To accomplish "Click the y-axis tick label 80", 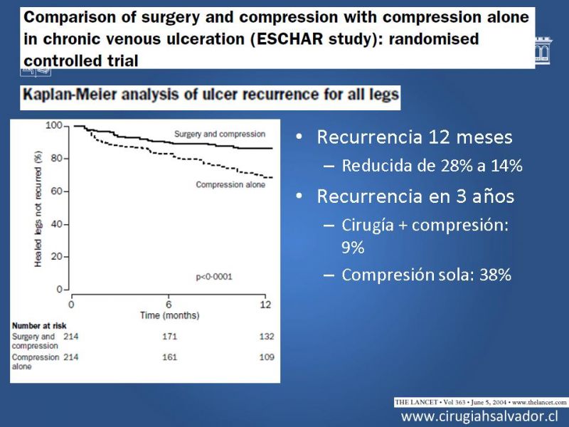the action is click(x=57, y=158).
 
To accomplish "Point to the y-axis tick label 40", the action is click(x=57, y=224).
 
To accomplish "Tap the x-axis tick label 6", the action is click(x=169, y=305).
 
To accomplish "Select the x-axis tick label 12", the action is click(x=265, y=305).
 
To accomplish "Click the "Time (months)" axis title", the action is click(x=170, y=315).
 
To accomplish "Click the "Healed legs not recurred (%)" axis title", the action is click(x=38, y=209).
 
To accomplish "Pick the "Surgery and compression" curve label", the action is click(x=220, y=134).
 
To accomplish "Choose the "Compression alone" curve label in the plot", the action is click(x=230, y=184).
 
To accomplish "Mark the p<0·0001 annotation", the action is click(x=214, y=277).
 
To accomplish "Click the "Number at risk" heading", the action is click(x=39, y=326).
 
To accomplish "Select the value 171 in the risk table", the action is click(x=169, y=337).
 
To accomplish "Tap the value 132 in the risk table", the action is click(x=267, y=337).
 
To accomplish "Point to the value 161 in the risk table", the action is click(x=169, y=357).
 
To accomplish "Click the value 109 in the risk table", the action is click(x=267, y=357).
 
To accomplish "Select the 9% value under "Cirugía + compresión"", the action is click(x=353, y=248).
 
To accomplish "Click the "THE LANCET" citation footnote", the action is click(x=481, y=402).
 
